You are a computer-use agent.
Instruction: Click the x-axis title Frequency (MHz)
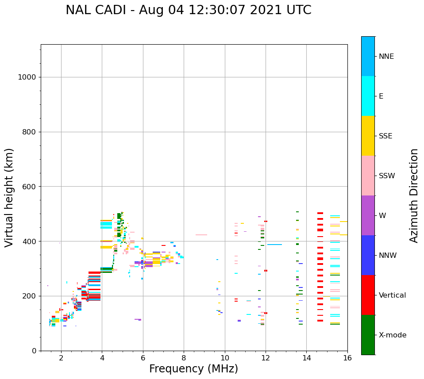[x=193, y=369]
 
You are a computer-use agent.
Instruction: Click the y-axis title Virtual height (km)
[x=9, y=197]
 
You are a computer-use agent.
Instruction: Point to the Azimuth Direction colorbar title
[x=414, y=195]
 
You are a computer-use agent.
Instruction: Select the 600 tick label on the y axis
[x=29, y=187]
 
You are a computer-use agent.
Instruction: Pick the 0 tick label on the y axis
[x=34, y=351]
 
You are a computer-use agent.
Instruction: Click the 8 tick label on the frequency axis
[x=184, y=358]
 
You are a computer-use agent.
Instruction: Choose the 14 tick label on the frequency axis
[x=306, y=358]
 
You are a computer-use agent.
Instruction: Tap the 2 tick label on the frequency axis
[x=61, y=358]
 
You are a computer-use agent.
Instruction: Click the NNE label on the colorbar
[x=386, y=57]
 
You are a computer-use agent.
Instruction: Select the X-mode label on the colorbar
[x=392, y=335]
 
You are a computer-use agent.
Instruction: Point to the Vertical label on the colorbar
[x=392, y=295]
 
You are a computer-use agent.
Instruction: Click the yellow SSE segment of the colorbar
[x=368, y=136]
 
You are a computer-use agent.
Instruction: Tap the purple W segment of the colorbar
[x=368, y=215]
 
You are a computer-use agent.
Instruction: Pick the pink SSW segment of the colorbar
[x=368, y=176]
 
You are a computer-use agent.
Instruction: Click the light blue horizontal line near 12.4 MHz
[x=274, y=245]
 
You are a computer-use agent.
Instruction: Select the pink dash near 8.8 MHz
[x=201, y=235]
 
